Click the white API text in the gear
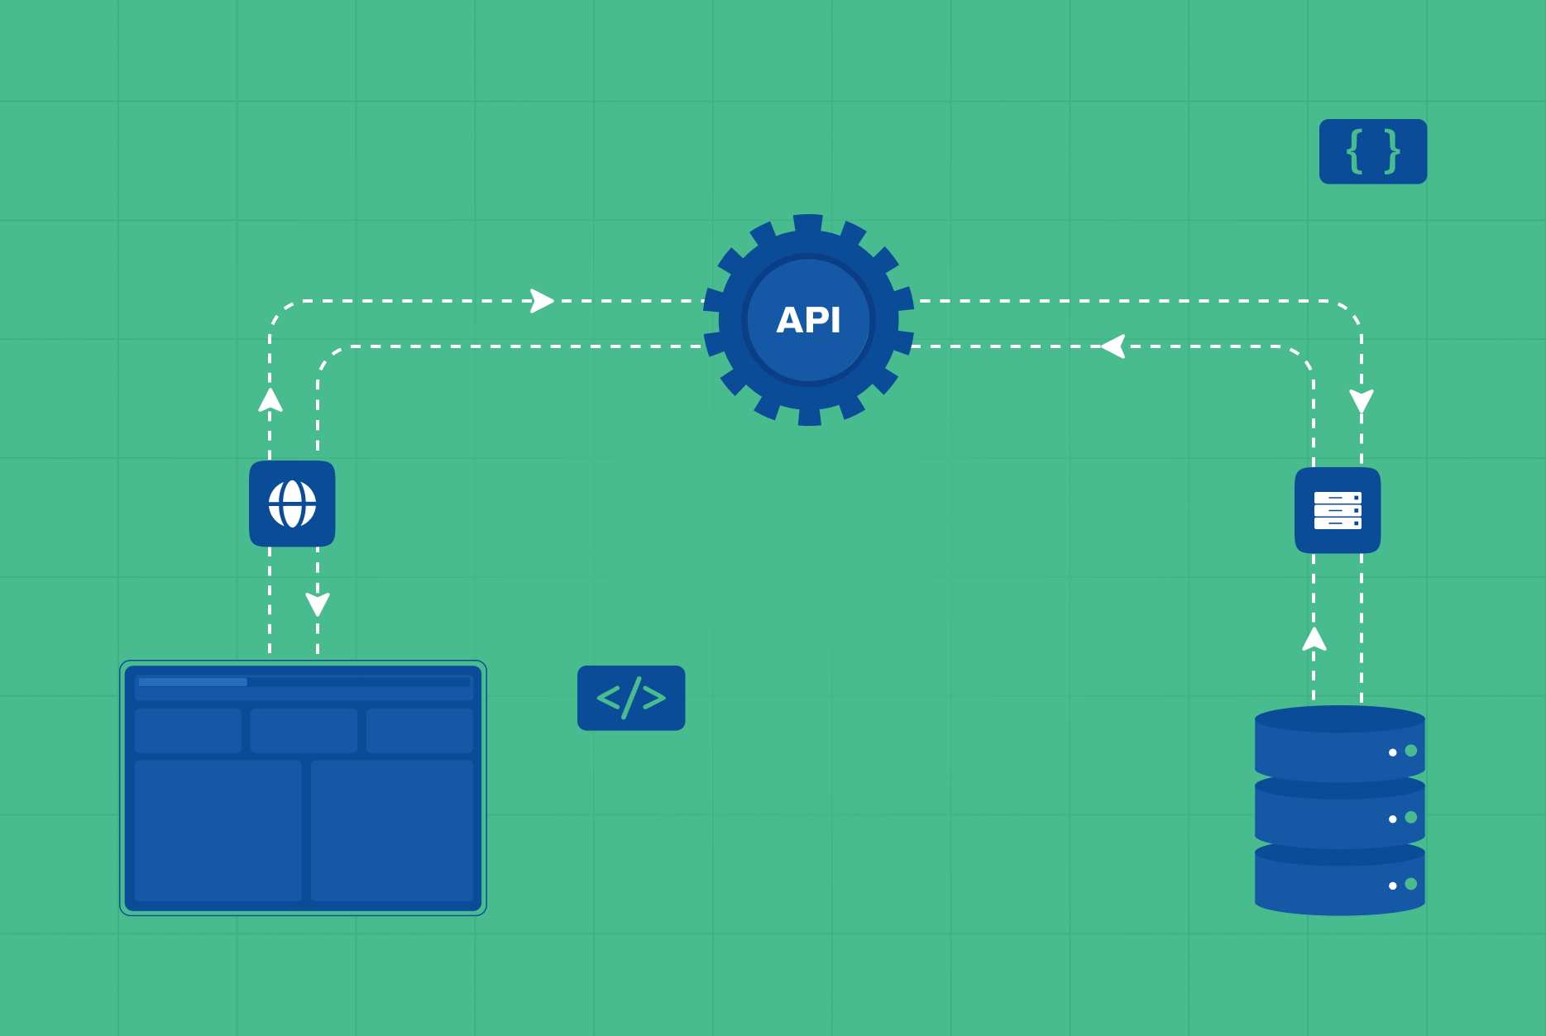808,320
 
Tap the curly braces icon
1373,151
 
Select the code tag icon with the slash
631,698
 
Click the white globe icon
292,504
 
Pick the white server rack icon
1338,510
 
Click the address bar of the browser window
304,682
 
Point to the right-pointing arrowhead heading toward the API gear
542,301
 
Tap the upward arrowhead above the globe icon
270,400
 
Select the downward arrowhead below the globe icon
318,604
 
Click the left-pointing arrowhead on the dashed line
1114,346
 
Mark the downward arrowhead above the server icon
1362,401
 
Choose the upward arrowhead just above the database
1314,639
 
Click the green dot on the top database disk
1411,751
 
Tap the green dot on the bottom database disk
1411,884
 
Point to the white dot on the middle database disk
1393,819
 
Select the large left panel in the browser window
218,830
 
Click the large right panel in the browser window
392,830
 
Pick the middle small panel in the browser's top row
304,730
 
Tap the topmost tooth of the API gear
808,223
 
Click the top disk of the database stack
1323,744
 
